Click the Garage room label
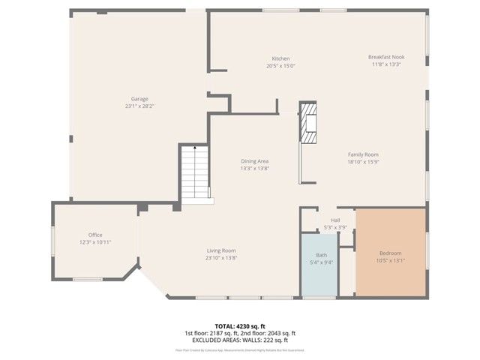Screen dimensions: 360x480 pos(139,99)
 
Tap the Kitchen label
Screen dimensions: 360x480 pos(280,58)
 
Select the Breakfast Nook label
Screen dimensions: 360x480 pos(386,57)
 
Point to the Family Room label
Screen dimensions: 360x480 pos(362,154)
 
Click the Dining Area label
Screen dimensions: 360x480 pos(254,161)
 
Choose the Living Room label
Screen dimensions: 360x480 pos(222,250)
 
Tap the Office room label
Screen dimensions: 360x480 pos(95,235)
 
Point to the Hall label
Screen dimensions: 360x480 pos(325,220)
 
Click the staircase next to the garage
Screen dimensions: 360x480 pos(194,172)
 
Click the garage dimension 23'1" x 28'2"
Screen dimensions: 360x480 pos(139,106)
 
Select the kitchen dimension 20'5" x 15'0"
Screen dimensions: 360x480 pos(280,66)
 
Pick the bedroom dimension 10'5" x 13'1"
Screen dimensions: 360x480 pos(390,261)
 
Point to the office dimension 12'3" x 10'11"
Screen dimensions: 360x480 pos(95,242)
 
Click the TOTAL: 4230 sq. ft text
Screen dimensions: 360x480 pos(239,327)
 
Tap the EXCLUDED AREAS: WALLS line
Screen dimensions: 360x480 pos(239,340)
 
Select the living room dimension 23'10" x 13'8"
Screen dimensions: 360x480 pos(222,258)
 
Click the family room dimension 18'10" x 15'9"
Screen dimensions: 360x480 pos(362,161)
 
